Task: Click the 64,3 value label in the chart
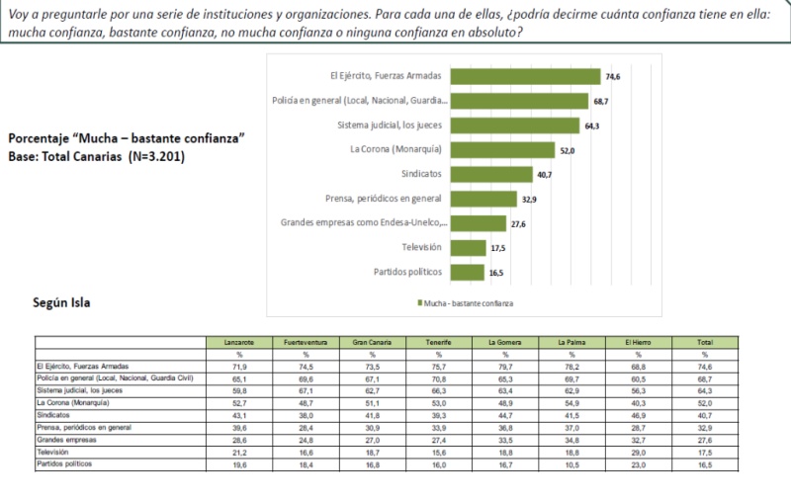(x=592, y=125)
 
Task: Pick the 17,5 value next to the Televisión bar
(x=497, y=248)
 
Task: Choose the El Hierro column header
(x=639, y=342)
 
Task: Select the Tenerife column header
(x=439, y=342)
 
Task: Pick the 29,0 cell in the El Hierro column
(x=639, y=452)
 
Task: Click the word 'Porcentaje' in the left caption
(x=39, y=139)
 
